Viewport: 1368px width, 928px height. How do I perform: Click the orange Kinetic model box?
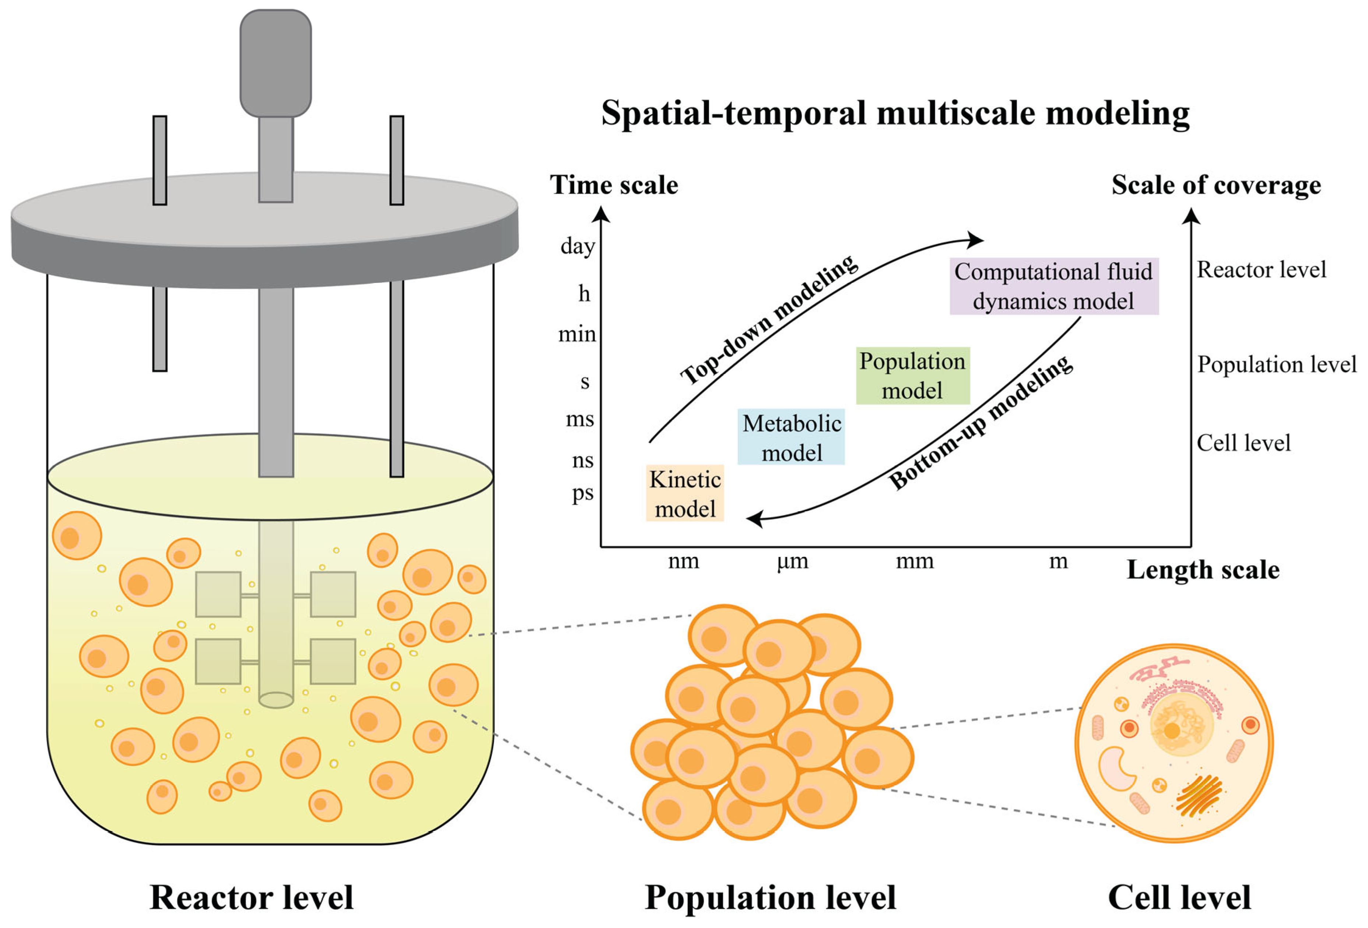click(x=685, y=493)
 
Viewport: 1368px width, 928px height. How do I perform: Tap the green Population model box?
click(x=912, y=376)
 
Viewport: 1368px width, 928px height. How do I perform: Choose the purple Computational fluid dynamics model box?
click(x=1054, y=286)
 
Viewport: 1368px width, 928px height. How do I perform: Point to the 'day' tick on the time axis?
click(x=578, y=246)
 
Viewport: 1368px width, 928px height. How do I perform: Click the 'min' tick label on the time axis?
click(x=577, y=335)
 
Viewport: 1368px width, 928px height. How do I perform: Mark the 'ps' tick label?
click(x=583, y=493)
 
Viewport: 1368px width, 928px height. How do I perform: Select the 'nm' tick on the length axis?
click(x=683, y=561)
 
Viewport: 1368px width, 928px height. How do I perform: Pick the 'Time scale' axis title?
click(x=614, y=185)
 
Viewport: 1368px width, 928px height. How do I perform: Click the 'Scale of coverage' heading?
click(x=1216, y=185)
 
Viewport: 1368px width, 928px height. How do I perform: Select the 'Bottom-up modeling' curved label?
click(x=980, y=423)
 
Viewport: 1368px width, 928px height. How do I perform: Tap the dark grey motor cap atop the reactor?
click(x=276, y=62)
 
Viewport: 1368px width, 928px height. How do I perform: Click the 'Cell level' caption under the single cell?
click(x=1179, y=897)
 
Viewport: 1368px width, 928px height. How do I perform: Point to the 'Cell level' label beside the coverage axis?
click(x=1243, y=443)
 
